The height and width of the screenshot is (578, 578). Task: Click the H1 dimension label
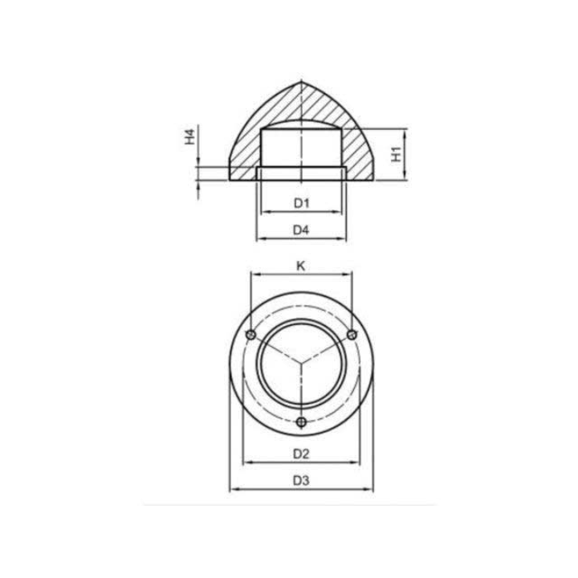coord(397,154)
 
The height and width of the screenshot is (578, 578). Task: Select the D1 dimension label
coord(301,203)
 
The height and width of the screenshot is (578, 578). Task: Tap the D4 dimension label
coord(301,230)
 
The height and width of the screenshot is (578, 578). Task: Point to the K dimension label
coord(301,264)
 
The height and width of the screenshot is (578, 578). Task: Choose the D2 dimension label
coord(301,454)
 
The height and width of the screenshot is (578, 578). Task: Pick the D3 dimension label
coord(301,481)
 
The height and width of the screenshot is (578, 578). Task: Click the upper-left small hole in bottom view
coord(251,334)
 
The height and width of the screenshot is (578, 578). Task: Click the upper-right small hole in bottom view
coord(351,334)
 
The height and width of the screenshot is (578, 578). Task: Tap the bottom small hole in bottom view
coord(301,421)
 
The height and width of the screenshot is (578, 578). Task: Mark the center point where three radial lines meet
coord(301,364)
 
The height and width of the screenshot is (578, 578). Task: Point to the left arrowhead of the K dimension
coord(254,274)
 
